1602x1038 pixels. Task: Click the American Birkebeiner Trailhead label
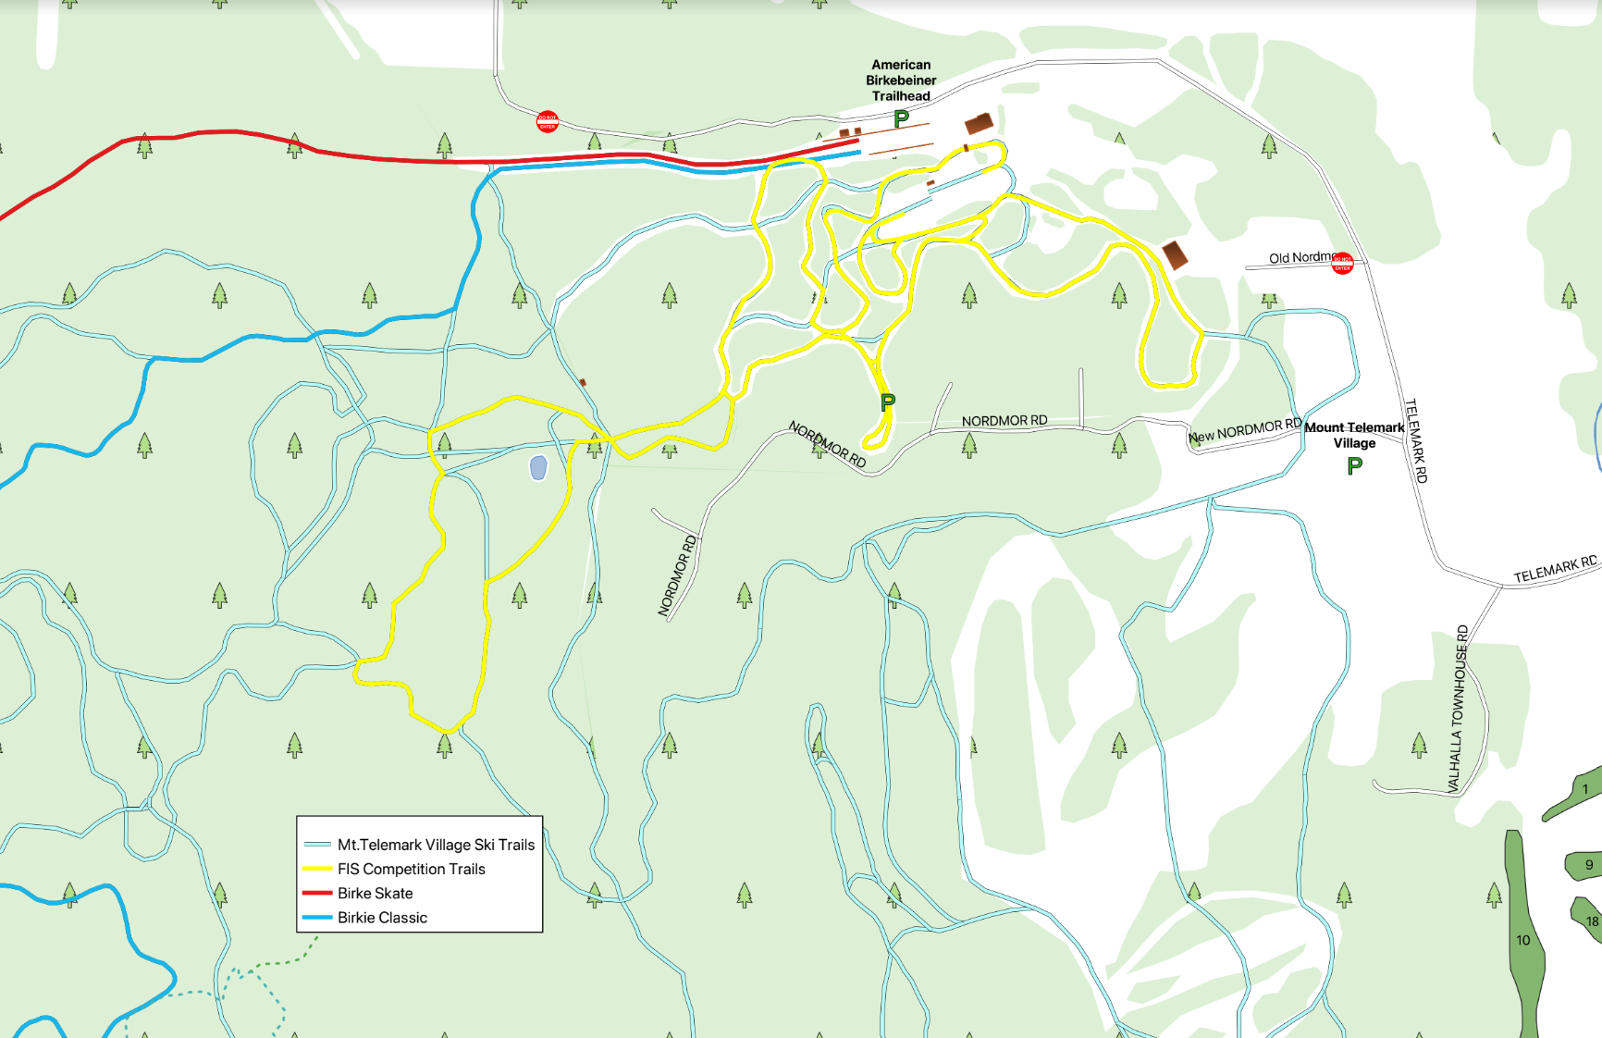(901, 80)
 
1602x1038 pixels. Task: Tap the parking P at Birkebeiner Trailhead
(901, 118)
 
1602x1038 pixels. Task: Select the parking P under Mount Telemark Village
(1354, 466)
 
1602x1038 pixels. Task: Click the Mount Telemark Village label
(1354, 435)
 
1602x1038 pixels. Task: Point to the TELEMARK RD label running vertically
(1416, 440)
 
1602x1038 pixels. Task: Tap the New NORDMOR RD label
(1245, 430)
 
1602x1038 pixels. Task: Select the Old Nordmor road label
(1299, 257)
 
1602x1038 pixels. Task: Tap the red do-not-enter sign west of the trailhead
(548, 121)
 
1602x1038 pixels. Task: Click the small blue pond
(538, 467)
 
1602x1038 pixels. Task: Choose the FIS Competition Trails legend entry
(411, 869)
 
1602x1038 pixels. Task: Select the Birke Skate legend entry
(375, 893)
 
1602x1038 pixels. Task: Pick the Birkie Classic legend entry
(382, 918)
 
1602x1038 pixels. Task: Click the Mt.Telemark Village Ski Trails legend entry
(436, 845)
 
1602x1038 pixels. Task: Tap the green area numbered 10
(1523, 940)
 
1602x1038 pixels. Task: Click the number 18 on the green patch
(1592, 921)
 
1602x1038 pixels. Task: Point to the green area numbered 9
(1588, 865)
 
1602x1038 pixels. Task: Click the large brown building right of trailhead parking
(979, 123)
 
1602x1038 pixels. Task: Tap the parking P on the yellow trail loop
(888, 402)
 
